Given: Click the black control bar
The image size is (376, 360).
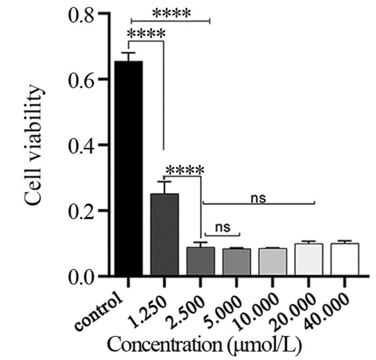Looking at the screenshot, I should point(128,169).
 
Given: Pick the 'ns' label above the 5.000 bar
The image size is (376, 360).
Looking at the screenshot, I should point(222,227).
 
